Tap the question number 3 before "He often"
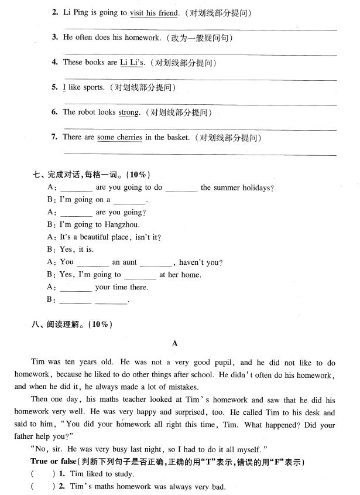(x=54, y=37)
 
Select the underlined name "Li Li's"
(x=132, y=63)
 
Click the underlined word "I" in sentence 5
(x=64, y=88)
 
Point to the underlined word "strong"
(x=129, y=112)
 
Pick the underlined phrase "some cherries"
(x=119, y=138)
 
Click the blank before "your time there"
(x=76, y=288)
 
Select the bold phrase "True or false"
(x=51, y=462)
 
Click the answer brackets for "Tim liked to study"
(x=36, y=474)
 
